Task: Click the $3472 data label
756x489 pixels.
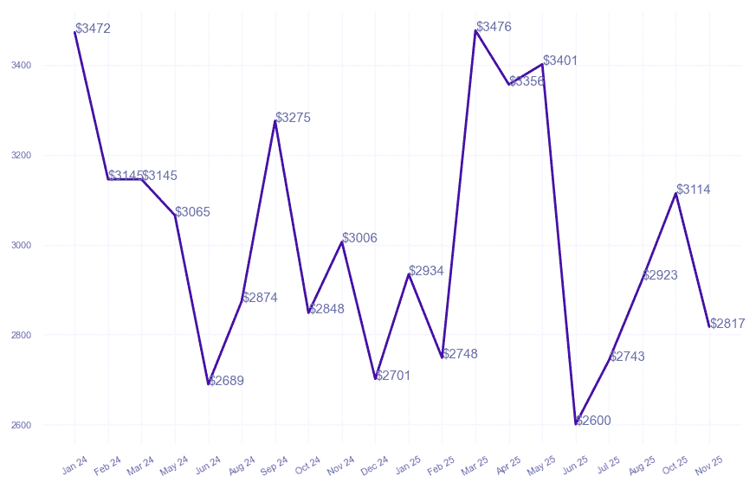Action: (x=93, y=29)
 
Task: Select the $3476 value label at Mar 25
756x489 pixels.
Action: (x=494, y=27)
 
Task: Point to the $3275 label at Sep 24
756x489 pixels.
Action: (x=293, y=117)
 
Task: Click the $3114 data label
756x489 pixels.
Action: (x=694, y=190)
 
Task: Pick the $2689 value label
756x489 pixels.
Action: (x=226, y=381)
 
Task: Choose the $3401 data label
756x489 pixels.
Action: (x=560, y=61)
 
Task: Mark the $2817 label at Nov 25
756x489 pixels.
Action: (x=727, y=324)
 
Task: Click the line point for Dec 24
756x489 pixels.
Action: (x=376, y=379)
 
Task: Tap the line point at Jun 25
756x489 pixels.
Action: (x=576, y=424)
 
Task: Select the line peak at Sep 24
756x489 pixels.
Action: (x=275, y=120)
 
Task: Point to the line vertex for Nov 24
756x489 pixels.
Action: (x=342, y=241)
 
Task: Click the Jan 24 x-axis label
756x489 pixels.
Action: (x=74, y=466)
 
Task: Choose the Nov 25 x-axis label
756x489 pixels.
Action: (x=709, y=466)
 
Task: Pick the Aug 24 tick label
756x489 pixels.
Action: (x=242, y=466)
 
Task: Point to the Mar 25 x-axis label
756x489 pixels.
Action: (x=475, y=466)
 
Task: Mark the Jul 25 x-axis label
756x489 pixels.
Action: (x=609, y=466)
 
